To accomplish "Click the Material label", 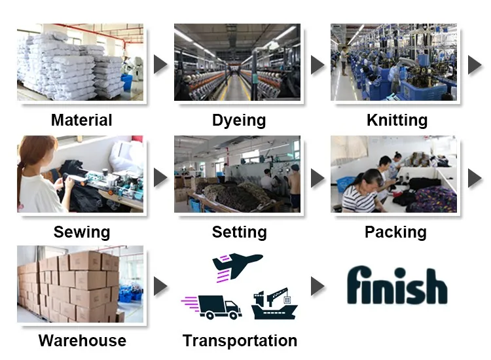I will pos(81,120).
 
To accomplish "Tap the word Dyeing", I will pos(239,120).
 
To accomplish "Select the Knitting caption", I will pos(397,120).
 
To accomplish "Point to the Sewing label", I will pos(81,232).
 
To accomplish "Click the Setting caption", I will pos(239,232).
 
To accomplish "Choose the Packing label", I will pos(395,232).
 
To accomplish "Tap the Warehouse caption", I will pos(82,340).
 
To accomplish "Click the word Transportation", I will pos(240,340).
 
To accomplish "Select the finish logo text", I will pos(397,286).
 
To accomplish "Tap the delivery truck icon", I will pos(213,306).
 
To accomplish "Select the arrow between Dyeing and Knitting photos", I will pos(318,64).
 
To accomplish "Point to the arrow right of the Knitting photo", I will pos(475,64).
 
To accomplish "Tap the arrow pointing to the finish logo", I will pos(318,286).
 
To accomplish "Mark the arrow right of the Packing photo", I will pos(475,177).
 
